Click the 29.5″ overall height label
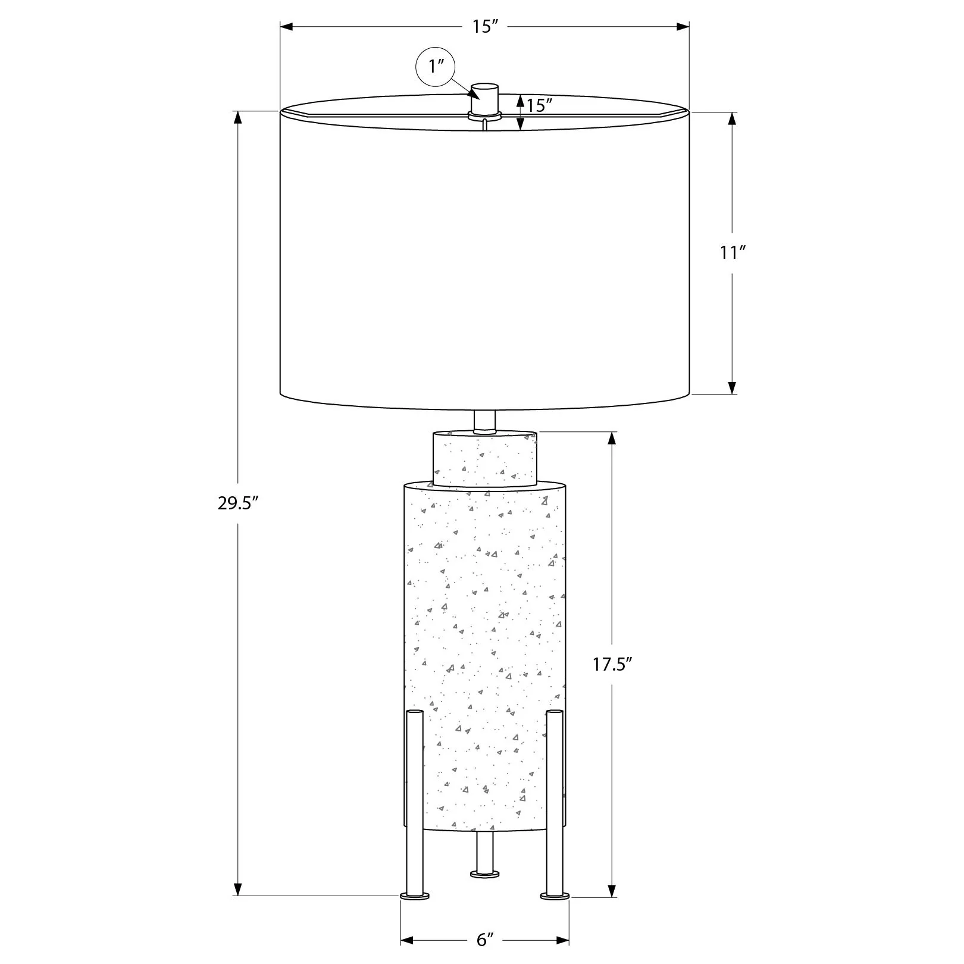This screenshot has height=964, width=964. coord(237,504)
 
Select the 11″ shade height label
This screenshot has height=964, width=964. coord(733,253)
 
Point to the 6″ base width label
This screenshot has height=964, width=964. coord(486,940)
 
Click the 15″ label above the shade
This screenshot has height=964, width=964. coord(485,27)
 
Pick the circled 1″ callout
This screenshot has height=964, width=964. coord(434,65)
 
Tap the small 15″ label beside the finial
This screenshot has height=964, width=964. coord(540,106)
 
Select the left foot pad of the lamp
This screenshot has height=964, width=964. coord(415,912)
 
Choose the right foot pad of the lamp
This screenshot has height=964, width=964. coord(555,912)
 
